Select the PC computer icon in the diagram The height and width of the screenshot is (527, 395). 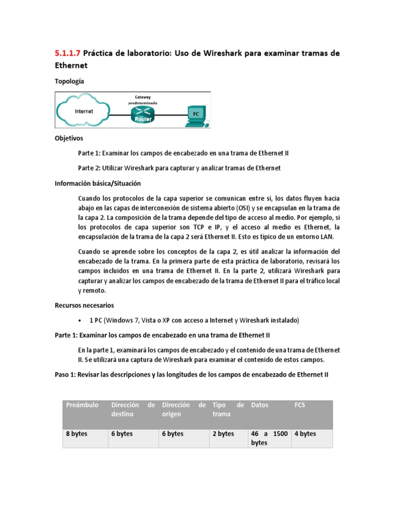point(195,115)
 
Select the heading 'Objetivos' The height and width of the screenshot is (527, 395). point(69,138)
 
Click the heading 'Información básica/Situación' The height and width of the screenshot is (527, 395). point(98,183)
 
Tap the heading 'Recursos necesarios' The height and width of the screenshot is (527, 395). point(84,305)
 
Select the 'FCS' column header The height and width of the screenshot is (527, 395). point(300,405)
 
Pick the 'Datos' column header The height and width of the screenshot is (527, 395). point(260,405)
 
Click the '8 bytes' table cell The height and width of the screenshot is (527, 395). point(77,434)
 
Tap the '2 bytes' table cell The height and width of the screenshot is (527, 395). point(223,434)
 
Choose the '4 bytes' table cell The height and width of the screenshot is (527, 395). point(305,434)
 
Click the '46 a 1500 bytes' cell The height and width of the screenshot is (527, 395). point(269,438)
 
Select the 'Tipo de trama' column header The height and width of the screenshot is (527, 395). point(228,409)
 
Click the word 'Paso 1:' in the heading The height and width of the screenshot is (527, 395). point(65,375)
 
